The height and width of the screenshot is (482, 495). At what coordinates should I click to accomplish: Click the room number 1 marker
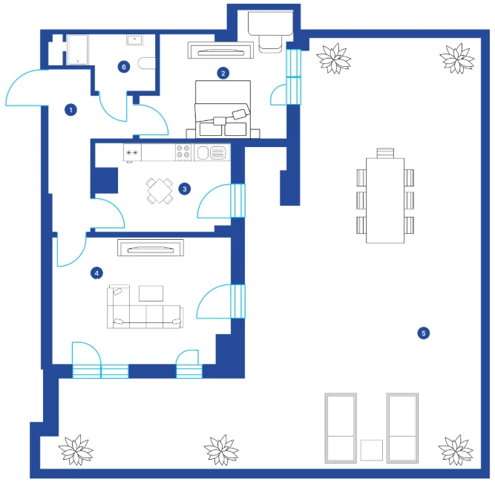pos(71,110)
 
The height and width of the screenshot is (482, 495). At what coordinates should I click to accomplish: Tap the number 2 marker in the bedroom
pos(223,74)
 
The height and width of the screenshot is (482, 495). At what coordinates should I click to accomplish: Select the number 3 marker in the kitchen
pos(185,189)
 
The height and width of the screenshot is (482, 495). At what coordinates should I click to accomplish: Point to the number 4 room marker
pos(96,273)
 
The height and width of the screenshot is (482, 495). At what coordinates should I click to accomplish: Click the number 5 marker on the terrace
pos(423,333)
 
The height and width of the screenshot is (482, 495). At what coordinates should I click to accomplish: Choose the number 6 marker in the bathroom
pos(124,67)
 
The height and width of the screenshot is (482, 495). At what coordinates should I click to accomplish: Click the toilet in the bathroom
pos(146,63)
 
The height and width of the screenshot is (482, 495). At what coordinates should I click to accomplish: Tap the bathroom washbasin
pos(135,40)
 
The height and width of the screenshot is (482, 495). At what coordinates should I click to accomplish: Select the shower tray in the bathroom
pos(78,50)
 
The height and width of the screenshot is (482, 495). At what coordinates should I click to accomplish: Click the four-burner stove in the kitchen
pos(183,152)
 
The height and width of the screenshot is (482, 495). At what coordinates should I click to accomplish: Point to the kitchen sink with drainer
pos(212,153)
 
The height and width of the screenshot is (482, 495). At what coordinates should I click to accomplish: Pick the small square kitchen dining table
pos(160,191)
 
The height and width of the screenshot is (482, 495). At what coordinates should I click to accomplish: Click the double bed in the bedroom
pos(223,109)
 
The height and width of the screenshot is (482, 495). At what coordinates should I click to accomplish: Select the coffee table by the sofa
pos(151,293)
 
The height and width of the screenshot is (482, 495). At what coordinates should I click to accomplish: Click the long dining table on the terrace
pos(385,201)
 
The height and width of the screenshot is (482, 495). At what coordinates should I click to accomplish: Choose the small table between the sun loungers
pos(372,450)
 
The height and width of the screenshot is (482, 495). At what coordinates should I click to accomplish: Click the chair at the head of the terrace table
pos(385,153)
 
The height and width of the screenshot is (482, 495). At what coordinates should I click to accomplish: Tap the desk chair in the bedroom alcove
pos(270,44)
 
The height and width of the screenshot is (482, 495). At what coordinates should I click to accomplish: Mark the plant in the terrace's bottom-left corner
pos(76,450)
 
